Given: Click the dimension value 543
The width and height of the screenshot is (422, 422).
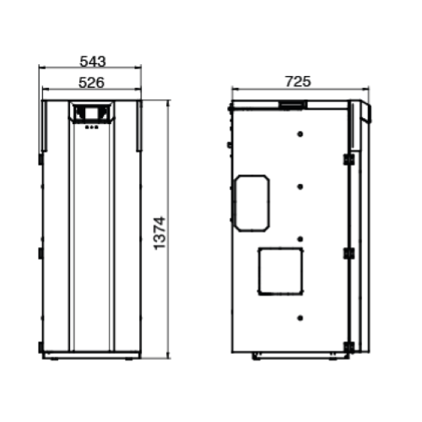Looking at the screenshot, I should (x=91, y=62).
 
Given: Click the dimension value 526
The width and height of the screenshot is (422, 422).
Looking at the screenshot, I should (x=91, y=82).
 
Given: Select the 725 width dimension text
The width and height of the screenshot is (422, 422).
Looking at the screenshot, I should (x=299, y=82).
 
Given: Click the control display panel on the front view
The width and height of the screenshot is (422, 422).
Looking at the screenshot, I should (x=91, y=112).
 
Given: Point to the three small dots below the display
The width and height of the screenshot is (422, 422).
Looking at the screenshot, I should (x=91, y=127).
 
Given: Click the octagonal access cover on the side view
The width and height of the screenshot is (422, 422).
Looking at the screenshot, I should (x=252, y=203).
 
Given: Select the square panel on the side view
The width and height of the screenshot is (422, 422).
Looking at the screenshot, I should (x=280, y=271).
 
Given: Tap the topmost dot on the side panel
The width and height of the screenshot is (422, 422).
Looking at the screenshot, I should (x=300, y=133).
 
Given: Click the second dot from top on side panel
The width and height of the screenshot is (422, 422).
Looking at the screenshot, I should (x=300, y=186).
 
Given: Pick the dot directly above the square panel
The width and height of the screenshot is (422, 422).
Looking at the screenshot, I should (x=300, y=239).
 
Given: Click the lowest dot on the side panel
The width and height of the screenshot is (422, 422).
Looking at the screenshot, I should (x=300, y=317).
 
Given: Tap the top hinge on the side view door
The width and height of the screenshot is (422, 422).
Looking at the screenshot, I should (x=348, y=160).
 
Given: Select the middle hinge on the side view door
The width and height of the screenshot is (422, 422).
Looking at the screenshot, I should (x=348, y=252).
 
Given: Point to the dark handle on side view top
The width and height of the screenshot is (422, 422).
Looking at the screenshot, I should (x=293, y=105).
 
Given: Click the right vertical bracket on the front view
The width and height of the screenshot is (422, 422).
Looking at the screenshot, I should (x=139, y=127).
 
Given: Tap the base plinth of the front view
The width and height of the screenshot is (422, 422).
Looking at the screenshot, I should (x=91, y=355).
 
